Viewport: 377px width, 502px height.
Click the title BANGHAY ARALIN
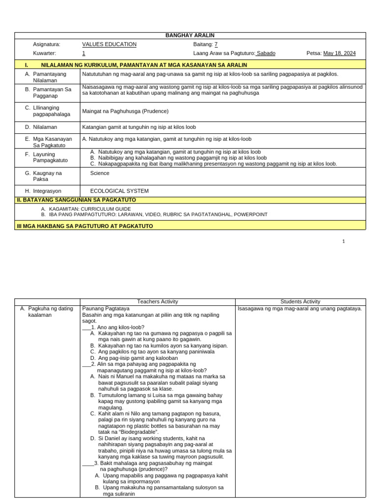point(190,35)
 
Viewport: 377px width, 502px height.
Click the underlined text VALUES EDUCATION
point(109,44)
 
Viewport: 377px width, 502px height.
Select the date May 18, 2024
point(339,53)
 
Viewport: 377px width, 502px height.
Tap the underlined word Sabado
point(266,53)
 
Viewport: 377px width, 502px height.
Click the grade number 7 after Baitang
point(216,44)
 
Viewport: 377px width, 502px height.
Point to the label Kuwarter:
point(45,53)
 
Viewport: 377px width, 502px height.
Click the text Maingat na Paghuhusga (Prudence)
point(125,111)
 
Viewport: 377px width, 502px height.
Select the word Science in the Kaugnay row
point(100,173)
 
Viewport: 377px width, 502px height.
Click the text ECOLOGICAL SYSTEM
point(119,191)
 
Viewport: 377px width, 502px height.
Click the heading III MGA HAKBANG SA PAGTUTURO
point(85,226)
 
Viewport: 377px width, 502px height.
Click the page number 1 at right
point(344,241)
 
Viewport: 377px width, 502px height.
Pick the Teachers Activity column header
point(158,301)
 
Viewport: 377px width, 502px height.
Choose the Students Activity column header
point(300,301)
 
